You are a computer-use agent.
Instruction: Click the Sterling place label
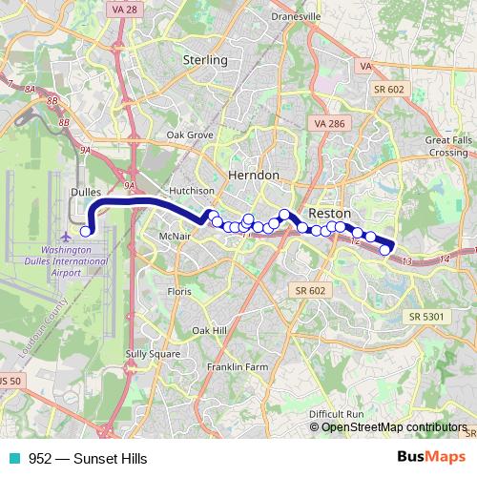(x=204, y=60)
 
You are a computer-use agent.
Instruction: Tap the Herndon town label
(x=254, y=176)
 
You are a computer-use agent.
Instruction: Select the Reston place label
(x=330, y=213)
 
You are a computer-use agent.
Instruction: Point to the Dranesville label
(x=298, y=15)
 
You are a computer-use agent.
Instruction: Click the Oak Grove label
(x=190, y=135)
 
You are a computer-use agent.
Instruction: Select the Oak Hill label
(x=209, y=330)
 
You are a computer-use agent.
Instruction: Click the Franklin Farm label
(x=238, y=366)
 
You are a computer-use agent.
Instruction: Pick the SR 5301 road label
(x=426, y=316)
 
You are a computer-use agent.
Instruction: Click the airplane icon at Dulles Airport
(x=65, y=235)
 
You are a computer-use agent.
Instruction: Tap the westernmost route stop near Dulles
(x=85, y=231)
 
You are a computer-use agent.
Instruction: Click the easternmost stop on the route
(x=385, y=250)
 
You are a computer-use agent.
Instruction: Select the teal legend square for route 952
(x=10, y=459)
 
